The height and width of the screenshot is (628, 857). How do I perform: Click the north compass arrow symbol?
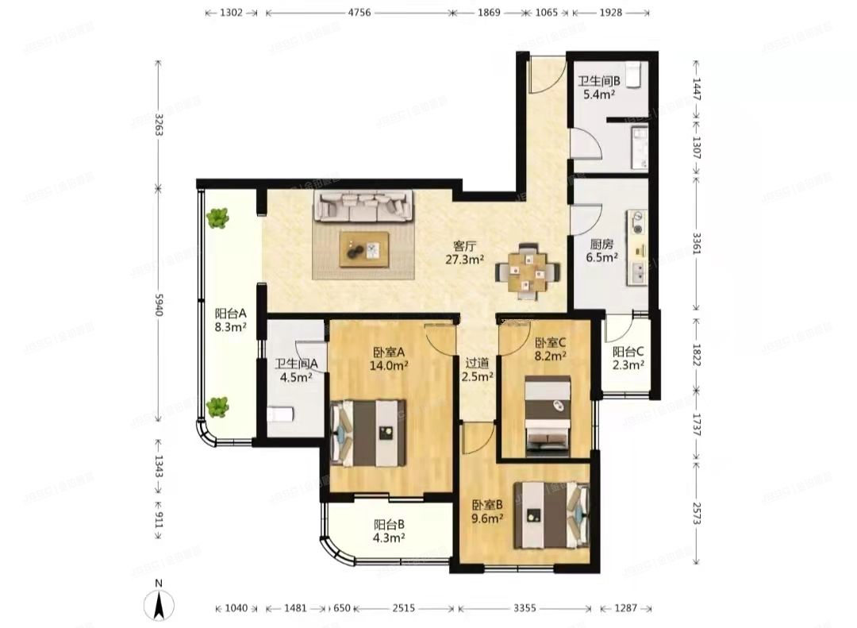(x=159, y=605)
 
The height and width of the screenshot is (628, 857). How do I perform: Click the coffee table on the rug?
(x=365, y=249)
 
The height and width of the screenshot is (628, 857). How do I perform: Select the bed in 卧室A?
(x=370, y=433)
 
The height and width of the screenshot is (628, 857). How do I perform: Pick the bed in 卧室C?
(x=548, y=416)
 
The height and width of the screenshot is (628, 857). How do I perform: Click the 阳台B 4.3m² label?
(x=390, y=530)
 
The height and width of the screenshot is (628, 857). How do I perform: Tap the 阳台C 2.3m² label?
(x=628, y=358)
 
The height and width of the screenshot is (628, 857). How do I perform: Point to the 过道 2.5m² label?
(x=479, y=368)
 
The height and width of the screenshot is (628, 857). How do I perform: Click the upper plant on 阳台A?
(x=217, y=218)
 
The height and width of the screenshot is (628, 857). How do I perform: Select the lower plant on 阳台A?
(x=217, y=406)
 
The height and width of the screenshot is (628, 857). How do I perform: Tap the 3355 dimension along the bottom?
(x=524, y=608)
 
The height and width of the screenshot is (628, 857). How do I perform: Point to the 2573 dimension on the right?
(x=697, y=512)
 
